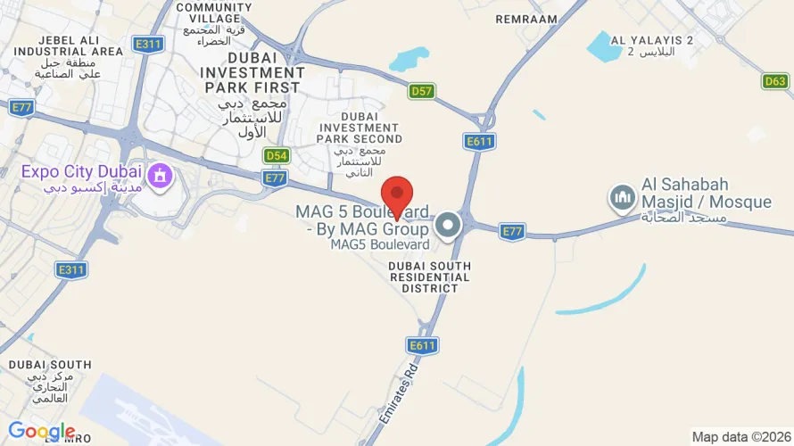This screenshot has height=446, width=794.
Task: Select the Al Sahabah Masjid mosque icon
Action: [x=623, y=197]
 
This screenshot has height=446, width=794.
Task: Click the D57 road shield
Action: [x=422, y=91]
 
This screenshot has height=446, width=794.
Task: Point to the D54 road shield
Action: [x=277, y=155]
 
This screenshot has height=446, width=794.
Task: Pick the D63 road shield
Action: [x=775, y=81]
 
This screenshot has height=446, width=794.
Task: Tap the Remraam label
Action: [x=525, y=19]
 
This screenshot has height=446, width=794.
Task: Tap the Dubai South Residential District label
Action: [x=429, y=277]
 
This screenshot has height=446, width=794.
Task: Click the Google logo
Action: [x=41, y=432]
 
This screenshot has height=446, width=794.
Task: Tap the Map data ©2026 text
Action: [x=740, y=436]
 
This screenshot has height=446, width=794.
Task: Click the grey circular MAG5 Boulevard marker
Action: [x=449, y=225]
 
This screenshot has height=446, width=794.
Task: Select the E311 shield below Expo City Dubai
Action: [x=70, y=268]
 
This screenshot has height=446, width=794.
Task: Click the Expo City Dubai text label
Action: [x=82, y=171]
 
